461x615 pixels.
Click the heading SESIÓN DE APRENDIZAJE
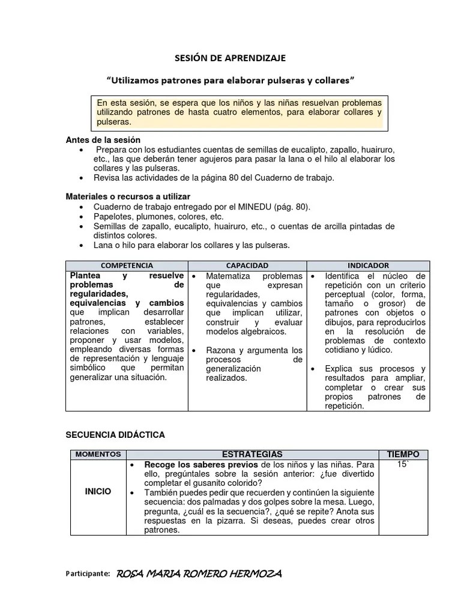pyautogui.click(x=230, y=58)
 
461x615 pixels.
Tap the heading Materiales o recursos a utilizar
pyautogui.click(x=128, y=196)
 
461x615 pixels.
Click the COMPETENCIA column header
pyautogui.click(x=127, y=265)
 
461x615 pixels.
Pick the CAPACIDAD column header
pyautogui.click(x=247, y=265)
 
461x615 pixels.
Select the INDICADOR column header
pyautogui.click(x=368, y=265)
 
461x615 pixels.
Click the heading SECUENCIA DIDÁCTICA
pyautogui.click(x=115, y=434)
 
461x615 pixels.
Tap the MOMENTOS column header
pyautogui.click(x=98, y=455)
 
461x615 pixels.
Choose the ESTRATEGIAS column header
pyautogui.click(x=252, y=455)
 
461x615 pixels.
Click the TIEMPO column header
pyautogui.click(x=403, y=455)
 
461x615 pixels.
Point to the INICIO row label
pyautogui.click(x=98, y=491)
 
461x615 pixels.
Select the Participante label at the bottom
pyautogui.click(x=87, y=574)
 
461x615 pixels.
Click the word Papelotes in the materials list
pyautogui.click(x=113, y=216)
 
